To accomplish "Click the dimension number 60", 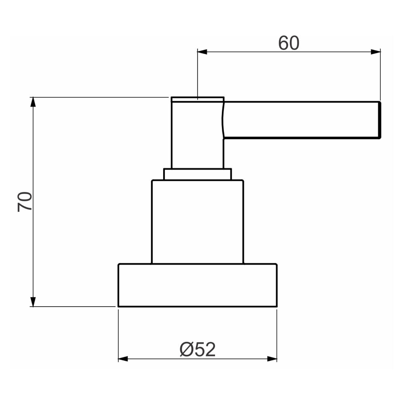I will tap(289, 43).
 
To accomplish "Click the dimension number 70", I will tap(25, 201).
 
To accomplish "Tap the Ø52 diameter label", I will tap(198, 350).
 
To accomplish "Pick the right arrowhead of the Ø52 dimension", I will tap(272, 359).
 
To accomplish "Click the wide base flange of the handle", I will tap(197, 285).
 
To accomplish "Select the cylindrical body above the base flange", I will tap(197, 222).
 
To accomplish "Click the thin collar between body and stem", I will tap(197, 174).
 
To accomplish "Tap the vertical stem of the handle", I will tap(197, 134).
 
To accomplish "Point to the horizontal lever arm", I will tap(300, 120).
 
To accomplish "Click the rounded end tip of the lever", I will tap(379, 120).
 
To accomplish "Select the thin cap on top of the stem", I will tap(197, 98).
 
